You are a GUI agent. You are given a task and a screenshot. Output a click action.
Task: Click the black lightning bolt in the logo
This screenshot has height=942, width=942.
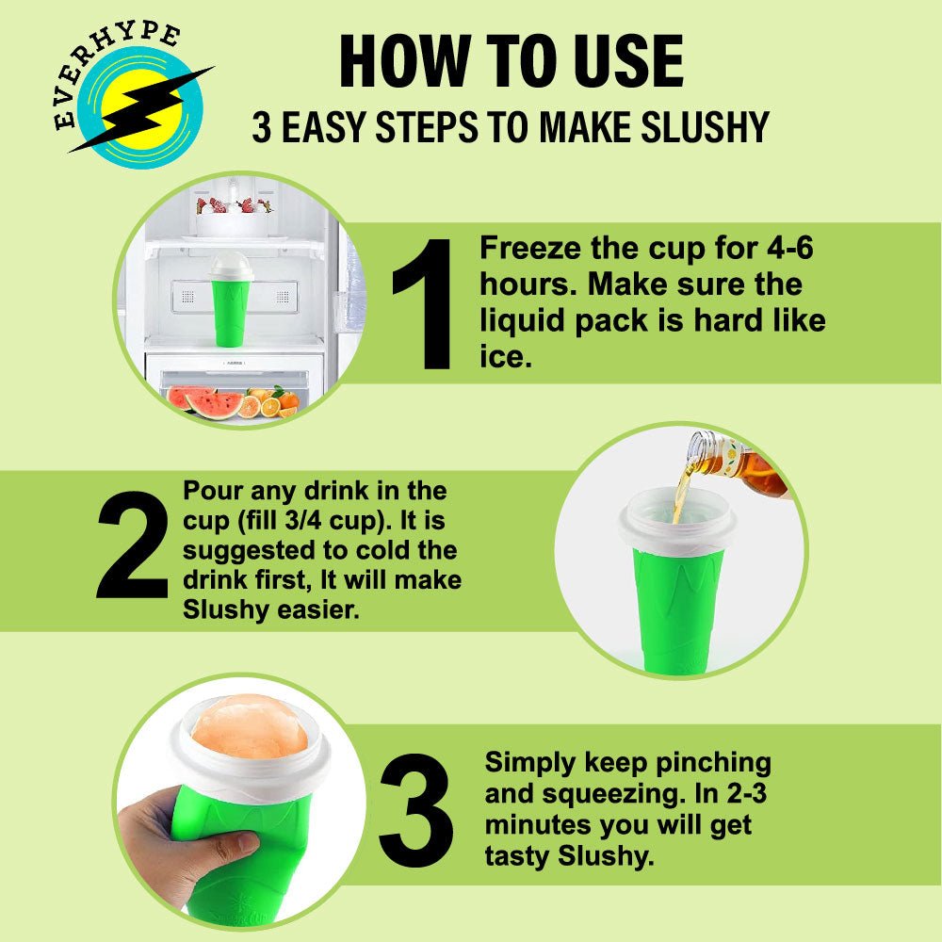(140, 109)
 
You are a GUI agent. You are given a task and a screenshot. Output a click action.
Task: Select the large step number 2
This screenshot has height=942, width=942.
(132, 544)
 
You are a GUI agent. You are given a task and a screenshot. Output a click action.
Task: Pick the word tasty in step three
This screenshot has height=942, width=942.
(517, 856)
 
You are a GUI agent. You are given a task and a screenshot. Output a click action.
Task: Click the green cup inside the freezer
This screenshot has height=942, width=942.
(231, 300)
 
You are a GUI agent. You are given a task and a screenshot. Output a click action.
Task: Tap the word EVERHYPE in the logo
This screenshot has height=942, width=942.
(111, 66)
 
